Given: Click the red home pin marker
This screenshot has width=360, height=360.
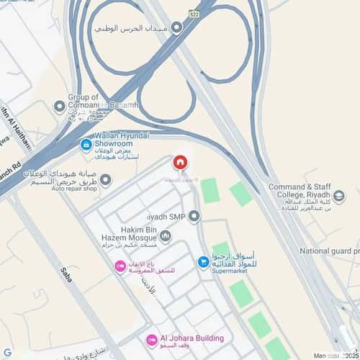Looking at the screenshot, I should [x=179, y=163].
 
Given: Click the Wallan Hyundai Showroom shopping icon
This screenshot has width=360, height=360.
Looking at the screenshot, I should [x=86, y=145].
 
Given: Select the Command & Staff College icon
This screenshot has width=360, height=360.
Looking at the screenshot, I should [x=339, y=195].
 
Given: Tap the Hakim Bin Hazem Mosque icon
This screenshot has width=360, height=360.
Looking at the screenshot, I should [x=166, y=235].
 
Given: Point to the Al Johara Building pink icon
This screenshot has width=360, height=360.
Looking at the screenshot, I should [x=152, y=339].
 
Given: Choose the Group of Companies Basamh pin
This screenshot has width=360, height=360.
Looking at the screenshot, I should [x=60, y=107].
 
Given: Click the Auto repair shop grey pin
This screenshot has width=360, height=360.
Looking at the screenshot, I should [x=106, y=180].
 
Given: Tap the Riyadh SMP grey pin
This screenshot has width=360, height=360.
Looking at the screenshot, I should [x=194, y=216].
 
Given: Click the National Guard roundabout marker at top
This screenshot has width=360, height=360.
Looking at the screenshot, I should [x=177, y=26].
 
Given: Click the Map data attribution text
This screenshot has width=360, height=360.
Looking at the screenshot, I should [x=328, y=354].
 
